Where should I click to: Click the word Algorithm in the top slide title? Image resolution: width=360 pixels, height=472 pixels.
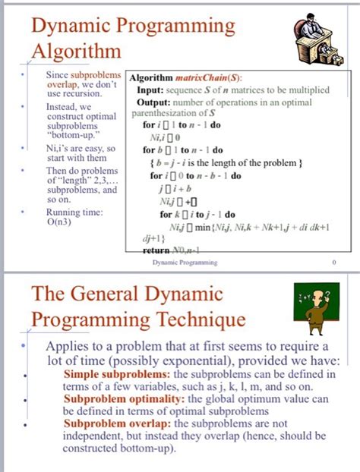click(x=76, y=52)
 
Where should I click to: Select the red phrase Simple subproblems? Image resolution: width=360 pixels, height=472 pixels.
click(x=117, y=375)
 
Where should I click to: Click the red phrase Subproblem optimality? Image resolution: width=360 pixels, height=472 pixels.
click(x=125, y=398)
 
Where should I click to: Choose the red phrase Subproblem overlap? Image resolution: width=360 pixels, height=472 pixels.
click(x=118, y=423)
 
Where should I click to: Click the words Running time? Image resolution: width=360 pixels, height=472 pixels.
click(x=73, y=212)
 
